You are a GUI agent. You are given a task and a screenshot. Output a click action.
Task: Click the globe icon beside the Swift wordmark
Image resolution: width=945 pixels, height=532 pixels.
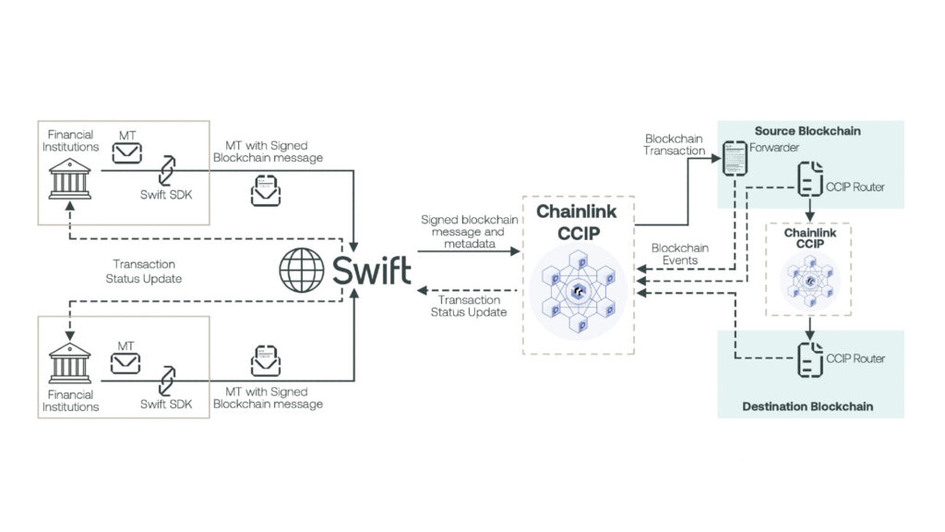pos(304,271)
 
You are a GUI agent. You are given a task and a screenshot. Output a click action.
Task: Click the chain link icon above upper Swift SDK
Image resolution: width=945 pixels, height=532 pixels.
pos(166,170)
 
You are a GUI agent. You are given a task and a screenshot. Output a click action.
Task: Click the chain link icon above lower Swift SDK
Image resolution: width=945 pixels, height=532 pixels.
pos(166,379)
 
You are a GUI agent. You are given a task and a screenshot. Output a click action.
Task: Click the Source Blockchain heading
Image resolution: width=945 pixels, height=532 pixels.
pos(807,131)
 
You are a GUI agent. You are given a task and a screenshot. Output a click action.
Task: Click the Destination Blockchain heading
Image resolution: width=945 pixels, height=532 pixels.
pos(807,406)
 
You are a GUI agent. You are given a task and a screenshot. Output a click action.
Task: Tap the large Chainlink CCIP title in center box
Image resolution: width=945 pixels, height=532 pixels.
pos(578,221)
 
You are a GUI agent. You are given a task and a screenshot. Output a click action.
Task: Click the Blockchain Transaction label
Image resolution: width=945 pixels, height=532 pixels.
pos(675,145)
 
